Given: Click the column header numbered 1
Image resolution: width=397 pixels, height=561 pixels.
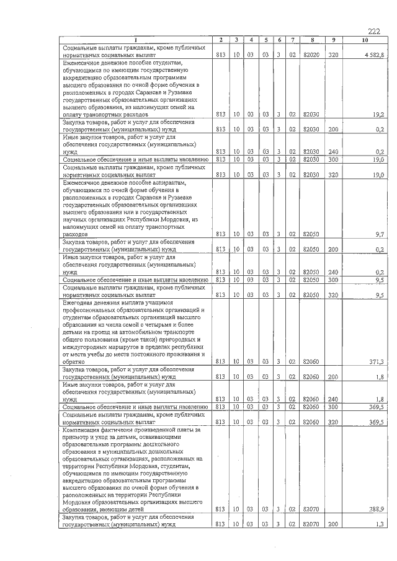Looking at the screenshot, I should (x=134, y=40).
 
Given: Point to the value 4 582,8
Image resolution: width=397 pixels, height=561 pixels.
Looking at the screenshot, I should (x=375, y=55).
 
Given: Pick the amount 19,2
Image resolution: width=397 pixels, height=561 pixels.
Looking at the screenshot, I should (x=379, y=115).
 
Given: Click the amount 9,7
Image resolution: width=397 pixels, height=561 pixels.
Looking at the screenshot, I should (x=380, y=234).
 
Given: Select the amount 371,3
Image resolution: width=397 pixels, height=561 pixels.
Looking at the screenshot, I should (x=377, y=361).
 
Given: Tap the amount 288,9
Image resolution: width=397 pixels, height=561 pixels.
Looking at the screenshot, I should (x=377, y=508).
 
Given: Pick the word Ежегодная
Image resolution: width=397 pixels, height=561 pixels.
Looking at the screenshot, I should (x=78, y=302).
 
